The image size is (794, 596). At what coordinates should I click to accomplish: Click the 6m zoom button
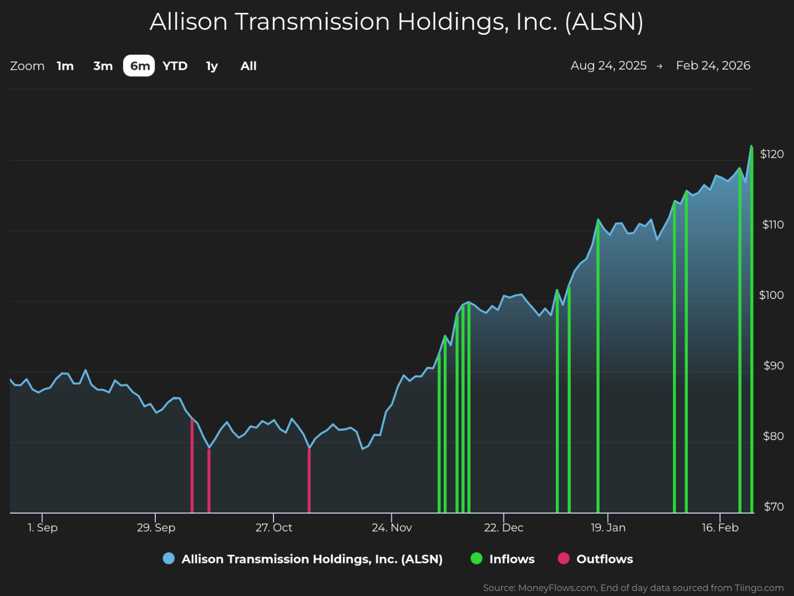click(x=139, y=66)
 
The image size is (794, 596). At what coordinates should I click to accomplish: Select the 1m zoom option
click(x=65, y=66)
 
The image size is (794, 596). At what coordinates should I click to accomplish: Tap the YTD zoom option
click(x=175, y=66)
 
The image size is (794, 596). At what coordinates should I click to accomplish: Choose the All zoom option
click(x=249, y=66)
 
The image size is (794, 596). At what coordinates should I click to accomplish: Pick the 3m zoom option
click(x=103, y=66)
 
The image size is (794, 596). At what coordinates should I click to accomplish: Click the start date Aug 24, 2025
click(x=608, y=65)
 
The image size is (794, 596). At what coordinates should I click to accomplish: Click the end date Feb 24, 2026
click(x=713, y=65)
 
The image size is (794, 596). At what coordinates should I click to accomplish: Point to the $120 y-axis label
click(x=772, y=154)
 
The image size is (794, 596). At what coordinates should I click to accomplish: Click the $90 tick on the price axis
click(x=773, y=365)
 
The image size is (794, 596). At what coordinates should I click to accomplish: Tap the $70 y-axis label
click(x=773, y=506)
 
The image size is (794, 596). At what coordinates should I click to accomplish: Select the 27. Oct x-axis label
click(x=274, y=527)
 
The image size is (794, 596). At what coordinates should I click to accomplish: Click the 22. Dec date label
click(x=503, y=527)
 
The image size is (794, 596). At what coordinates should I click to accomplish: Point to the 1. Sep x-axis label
click(x=43, y=527)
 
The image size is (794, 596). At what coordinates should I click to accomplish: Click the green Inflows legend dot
click(x=476, y=558)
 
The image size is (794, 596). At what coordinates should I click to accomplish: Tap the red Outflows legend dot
click(x=564, y=558)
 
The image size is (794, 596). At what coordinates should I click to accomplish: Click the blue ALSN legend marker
click(x=169, y=558)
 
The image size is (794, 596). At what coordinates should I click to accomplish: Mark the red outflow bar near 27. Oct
click(x=309, y=481)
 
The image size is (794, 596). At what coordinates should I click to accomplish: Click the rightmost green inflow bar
click(x=751, y=332)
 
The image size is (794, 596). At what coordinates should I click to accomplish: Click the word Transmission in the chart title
click(x=312, y=22)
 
